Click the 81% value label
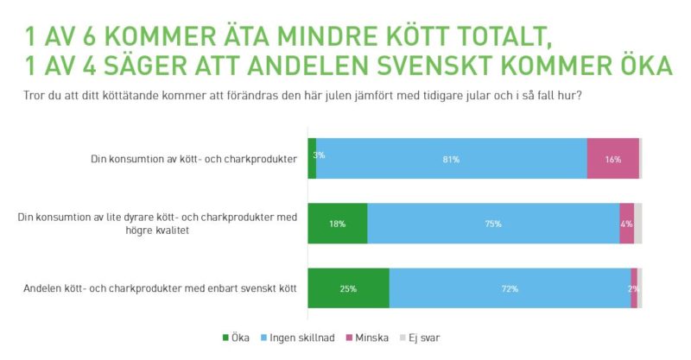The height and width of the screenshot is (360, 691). pos(451,159)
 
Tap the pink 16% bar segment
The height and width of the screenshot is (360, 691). pos(612,159)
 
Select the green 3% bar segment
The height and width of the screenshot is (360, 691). pos(312,159)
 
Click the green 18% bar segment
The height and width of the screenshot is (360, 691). pos(337,224)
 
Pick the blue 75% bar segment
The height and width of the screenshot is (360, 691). pos(493,224)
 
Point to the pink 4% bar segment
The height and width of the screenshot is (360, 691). pos(626,224)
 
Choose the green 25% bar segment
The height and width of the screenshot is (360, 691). pos(348,288)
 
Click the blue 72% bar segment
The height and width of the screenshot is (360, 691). pos(510,288)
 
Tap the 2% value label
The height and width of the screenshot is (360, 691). pos(633,288)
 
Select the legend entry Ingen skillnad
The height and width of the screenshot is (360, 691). pos(298,338)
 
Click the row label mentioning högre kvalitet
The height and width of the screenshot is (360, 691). pos(157,224)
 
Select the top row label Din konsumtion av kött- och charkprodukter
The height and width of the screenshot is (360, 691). pos(194,159)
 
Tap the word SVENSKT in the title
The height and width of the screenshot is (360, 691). pos(466,66)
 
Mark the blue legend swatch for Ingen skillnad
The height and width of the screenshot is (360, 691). pos(265,338)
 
